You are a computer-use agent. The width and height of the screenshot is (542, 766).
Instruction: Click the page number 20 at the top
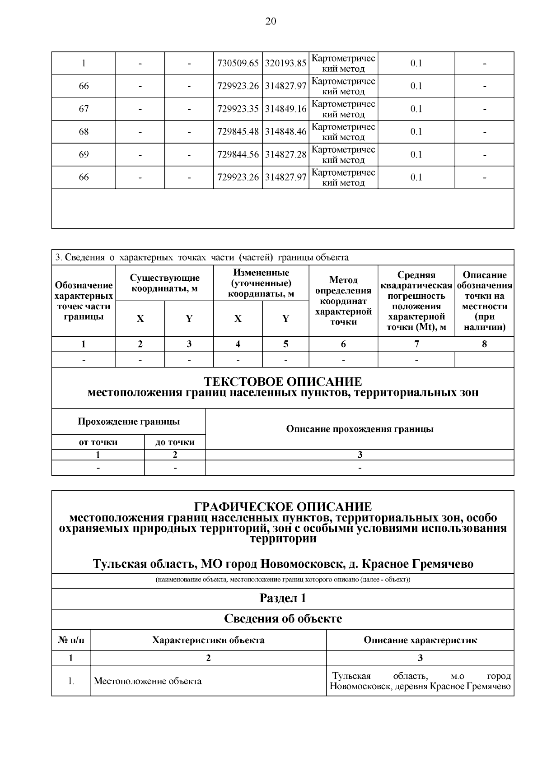click(271, 22)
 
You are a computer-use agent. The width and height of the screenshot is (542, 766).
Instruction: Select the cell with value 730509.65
click(238, 64)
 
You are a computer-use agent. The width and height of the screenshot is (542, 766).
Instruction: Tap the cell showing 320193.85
click(285, 64)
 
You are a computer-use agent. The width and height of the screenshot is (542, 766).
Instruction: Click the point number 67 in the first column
click(84, 109)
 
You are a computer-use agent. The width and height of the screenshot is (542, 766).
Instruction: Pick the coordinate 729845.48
click(238, 132)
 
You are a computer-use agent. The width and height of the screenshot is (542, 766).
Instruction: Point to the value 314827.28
click(285, 154)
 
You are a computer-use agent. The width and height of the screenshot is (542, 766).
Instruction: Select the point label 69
click(84, 154)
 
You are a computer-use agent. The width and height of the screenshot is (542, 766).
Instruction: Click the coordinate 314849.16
click(285, 109)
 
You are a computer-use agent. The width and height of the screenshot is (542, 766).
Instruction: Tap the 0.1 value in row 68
click(416, 132)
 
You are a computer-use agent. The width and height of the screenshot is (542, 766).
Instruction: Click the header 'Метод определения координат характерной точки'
click(343, 301)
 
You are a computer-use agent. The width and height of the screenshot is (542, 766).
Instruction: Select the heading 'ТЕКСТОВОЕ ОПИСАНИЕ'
click(283, 382)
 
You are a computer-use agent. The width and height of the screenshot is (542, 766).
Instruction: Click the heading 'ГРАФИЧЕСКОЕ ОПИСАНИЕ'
click(283, 506)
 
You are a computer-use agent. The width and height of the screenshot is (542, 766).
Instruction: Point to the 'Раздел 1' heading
click(283, 598)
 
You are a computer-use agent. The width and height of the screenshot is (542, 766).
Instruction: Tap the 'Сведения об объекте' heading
click(283, 619)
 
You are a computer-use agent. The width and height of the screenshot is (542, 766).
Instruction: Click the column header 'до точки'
click(175, 442)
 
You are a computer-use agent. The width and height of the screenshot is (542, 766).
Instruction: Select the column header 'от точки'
click(98, 442)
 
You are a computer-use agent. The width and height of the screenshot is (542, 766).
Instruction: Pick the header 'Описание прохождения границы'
click(360, 429)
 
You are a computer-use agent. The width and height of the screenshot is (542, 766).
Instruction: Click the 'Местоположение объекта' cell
click(148, 681)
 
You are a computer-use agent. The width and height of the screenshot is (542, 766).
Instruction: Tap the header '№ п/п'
click(71, 640)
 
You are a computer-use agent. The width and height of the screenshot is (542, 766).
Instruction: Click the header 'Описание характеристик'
click(420, 640)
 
